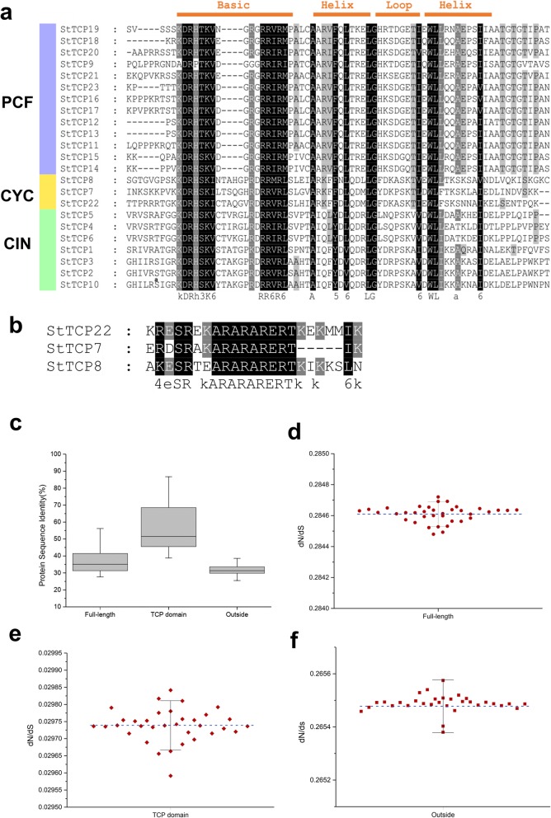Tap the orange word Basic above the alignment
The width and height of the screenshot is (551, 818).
[x=234, y=6]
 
